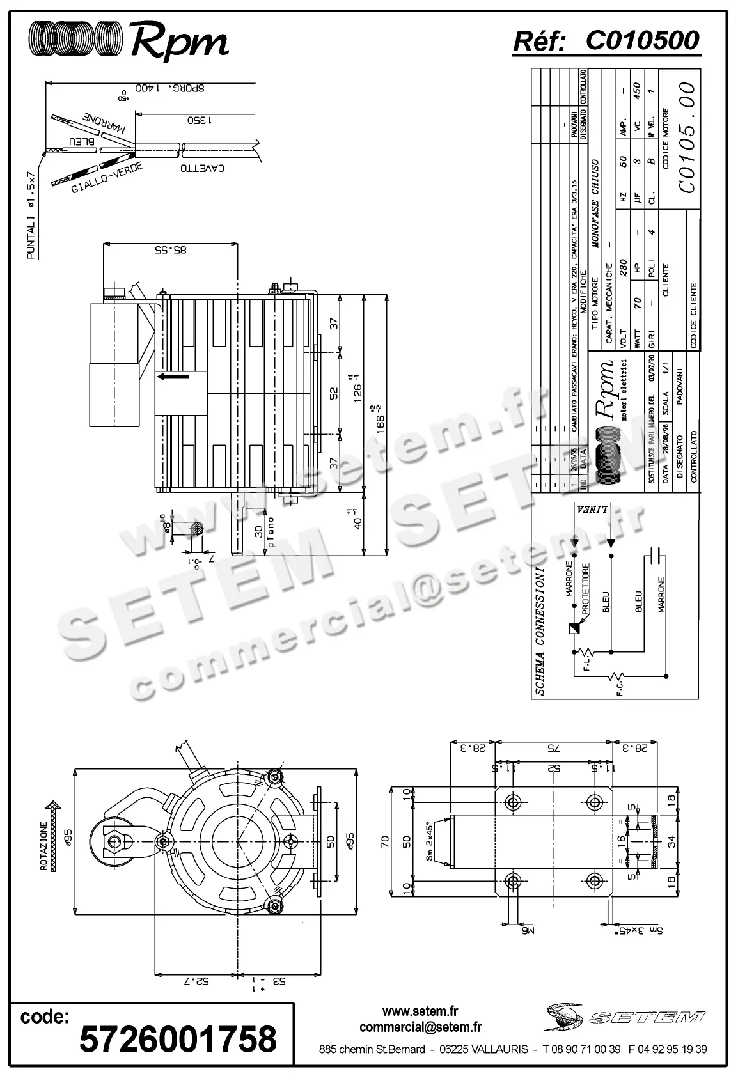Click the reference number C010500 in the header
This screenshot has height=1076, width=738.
[642, 41]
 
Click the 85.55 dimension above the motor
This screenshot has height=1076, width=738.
[171, 251]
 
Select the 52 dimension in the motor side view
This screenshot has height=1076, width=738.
[333, 393]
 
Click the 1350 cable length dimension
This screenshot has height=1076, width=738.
[200, 120]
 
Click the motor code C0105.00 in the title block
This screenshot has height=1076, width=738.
[686, 137]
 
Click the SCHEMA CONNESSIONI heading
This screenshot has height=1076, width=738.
[540, 630]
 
